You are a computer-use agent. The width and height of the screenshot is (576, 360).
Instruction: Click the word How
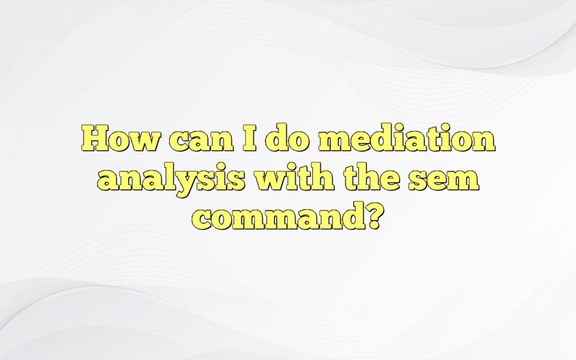(x=119, y=139)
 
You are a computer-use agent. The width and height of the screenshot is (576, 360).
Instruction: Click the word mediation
(x=407, y=139)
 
